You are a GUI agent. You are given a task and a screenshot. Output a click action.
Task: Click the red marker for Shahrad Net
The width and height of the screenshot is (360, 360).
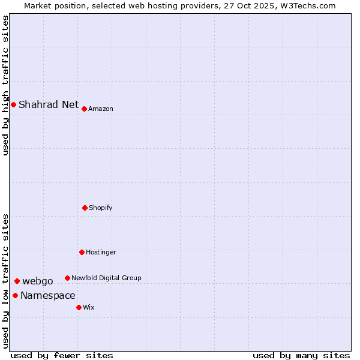click(13, 105)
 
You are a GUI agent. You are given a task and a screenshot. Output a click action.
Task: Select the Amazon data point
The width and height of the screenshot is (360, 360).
click(85, 109)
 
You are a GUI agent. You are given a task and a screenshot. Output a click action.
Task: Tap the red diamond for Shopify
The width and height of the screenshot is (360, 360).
click(85, 208)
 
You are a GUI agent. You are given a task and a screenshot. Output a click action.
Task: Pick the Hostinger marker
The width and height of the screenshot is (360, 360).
click(82, 252)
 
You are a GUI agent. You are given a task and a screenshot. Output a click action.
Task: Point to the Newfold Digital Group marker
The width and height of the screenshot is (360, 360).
click(67, 278)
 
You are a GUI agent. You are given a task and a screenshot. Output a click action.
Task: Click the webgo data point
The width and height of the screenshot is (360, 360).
click(17, 281)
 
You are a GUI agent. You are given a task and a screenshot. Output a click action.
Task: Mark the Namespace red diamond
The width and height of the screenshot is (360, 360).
click(15, 295)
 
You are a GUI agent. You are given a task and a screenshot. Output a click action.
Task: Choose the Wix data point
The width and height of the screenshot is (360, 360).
click(79, 307)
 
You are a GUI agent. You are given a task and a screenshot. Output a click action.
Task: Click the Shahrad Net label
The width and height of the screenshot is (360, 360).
click(49, 105)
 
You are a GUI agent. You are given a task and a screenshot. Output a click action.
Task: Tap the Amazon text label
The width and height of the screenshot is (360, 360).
click(101, 109)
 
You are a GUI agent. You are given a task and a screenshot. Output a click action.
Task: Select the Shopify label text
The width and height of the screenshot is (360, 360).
click(101, 208)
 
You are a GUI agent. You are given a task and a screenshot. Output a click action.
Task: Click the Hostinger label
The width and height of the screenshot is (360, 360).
click(101, 253)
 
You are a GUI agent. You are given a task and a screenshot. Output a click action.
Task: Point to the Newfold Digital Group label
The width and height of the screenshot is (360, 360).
click(106, 278)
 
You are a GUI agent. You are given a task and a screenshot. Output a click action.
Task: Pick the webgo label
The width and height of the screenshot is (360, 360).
click(38, 281)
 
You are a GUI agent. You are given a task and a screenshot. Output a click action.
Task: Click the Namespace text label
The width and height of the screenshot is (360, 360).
click(48, 296)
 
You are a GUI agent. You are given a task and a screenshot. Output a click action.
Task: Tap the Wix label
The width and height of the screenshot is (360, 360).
click(89, 308)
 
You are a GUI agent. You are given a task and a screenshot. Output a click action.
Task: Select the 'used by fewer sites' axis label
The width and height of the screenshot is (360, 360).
click(62, 355)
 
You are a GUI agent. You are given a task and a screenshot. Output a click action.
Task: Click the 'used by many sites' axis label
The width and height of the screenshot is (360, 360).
click(301, 355)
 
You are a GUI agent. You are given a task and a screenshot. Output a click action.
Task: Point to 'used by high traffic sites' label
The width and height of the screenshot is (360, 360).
click(5, 86)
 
